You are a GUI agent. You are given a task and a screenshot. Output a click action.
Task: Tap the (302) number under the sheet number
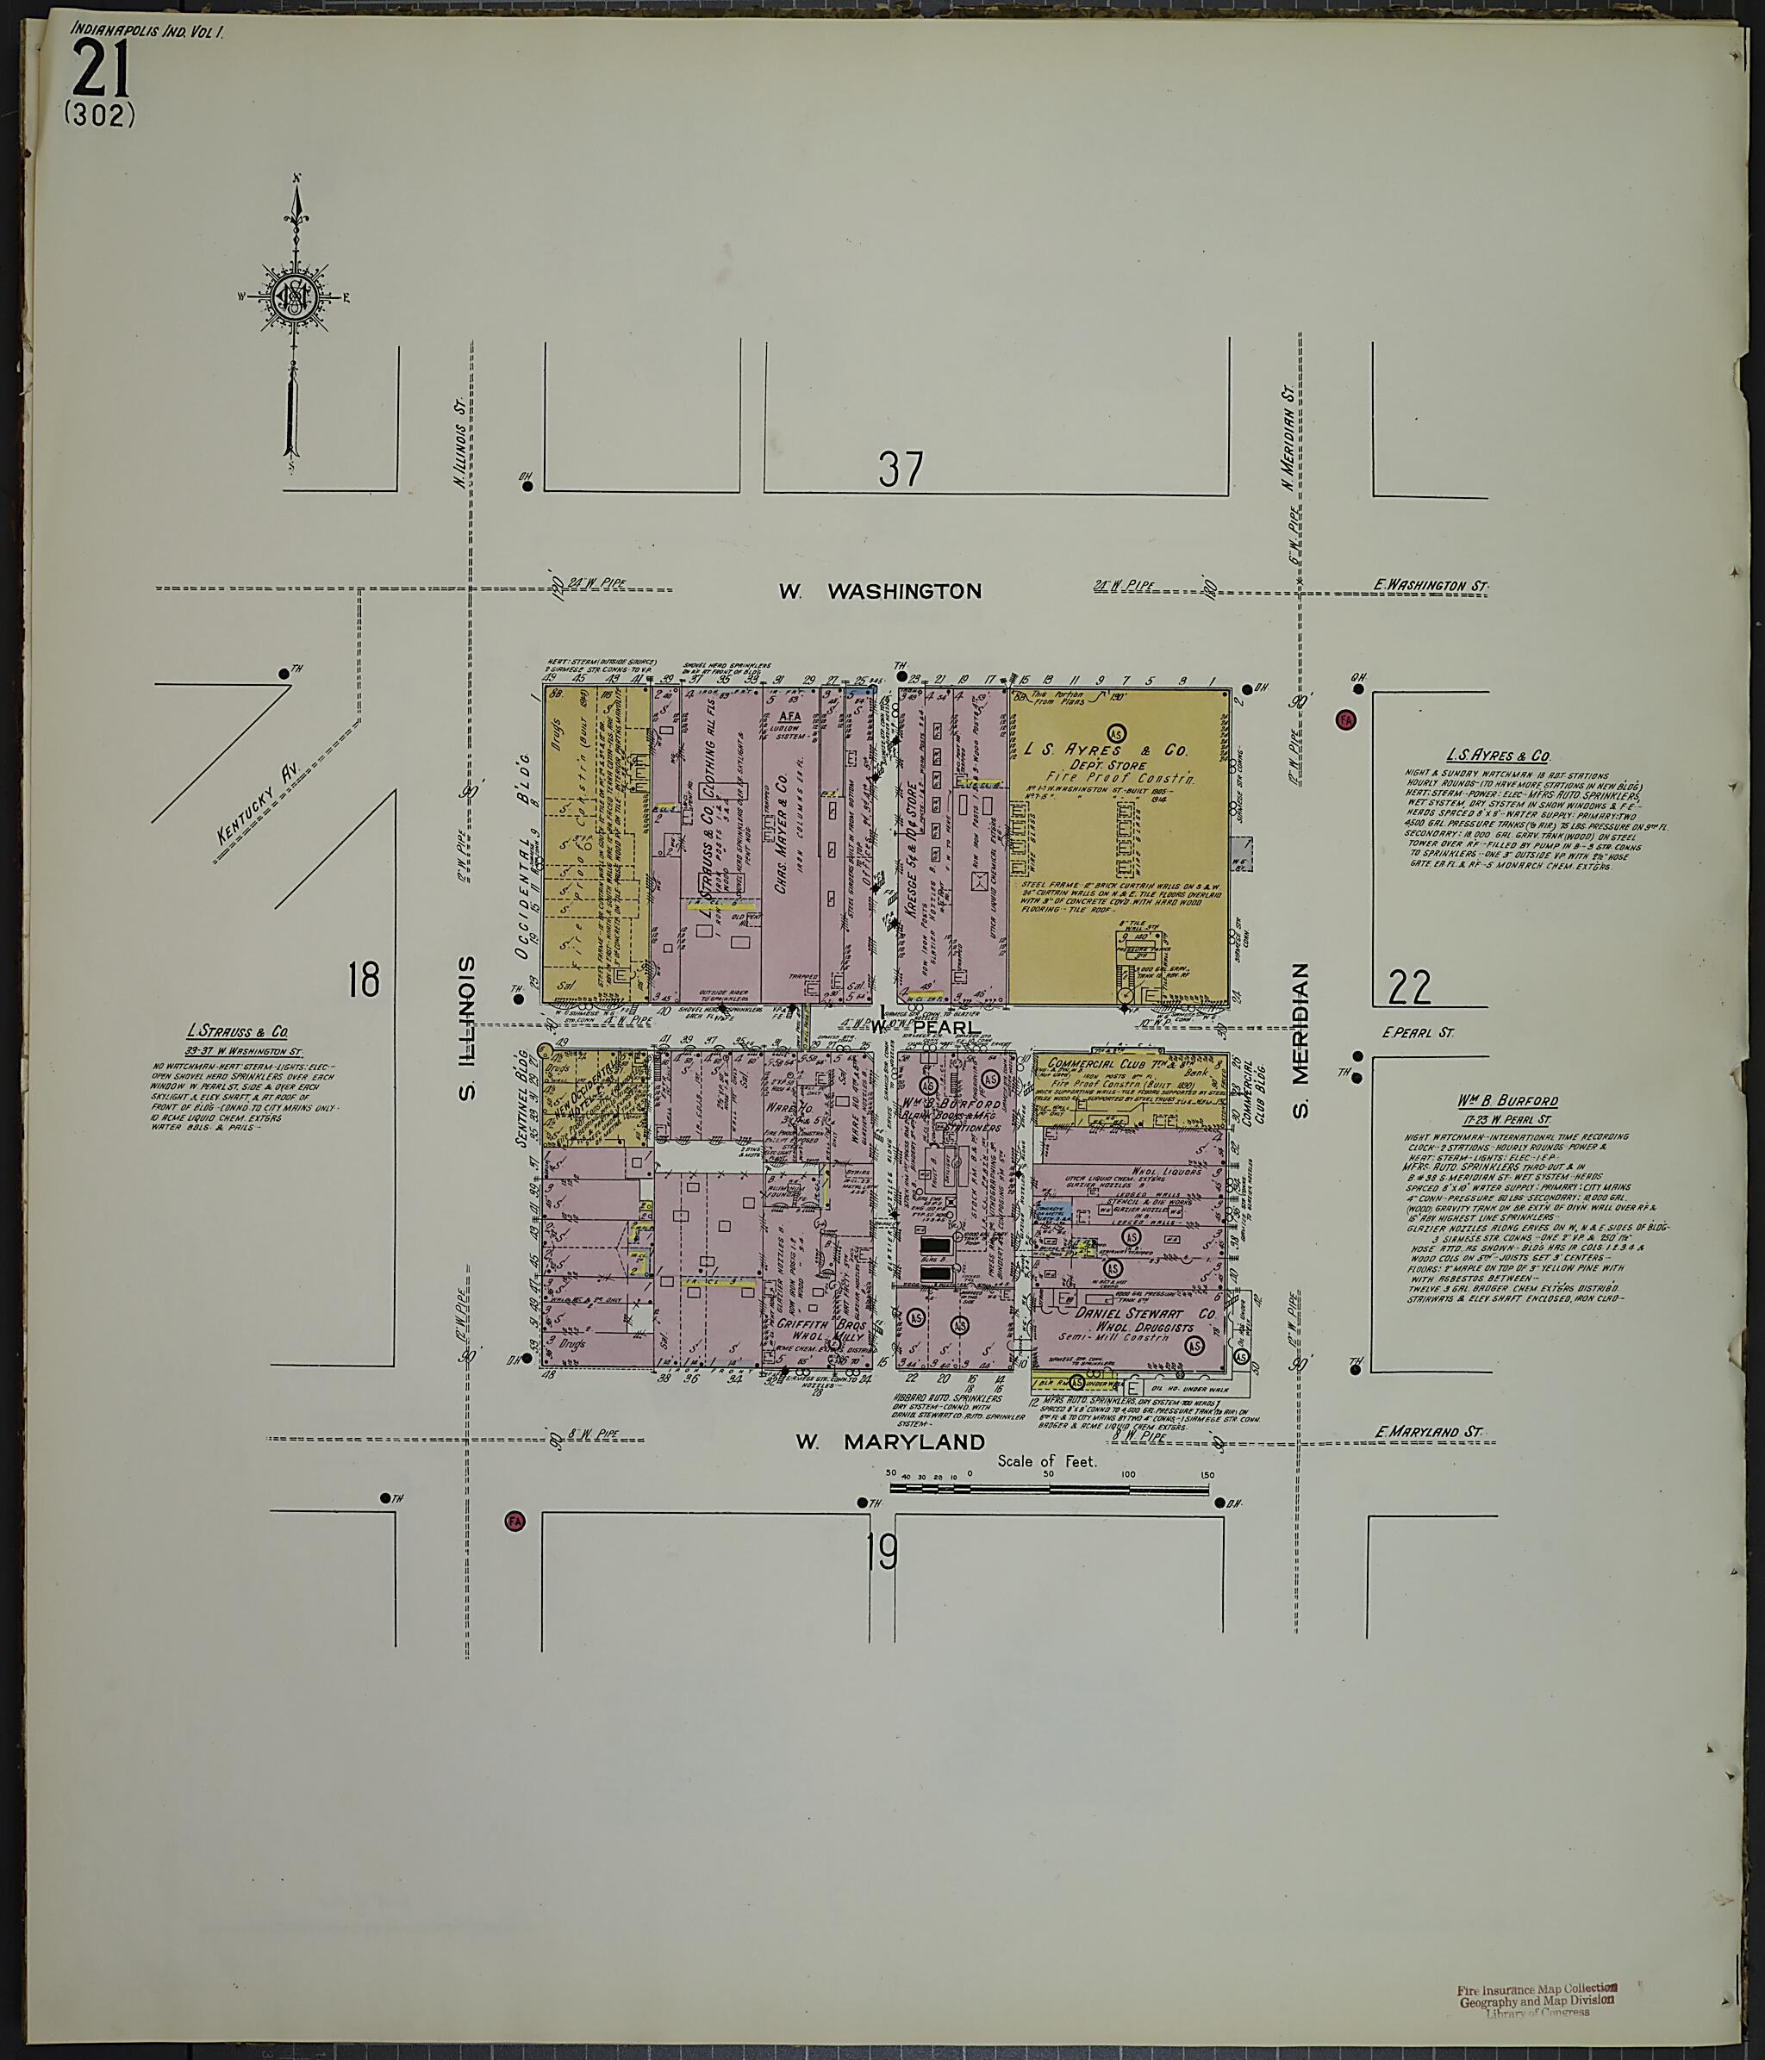99,117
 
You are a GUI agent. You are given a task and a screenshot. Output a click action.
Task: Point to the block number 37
901,470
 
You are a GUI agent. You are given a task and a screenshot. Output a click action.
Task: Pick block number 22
1410,987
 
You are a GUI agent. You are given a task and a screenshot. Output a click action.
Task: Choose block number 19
881,1554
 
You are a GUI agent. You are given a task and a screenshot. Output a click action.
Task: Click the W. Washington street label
879,592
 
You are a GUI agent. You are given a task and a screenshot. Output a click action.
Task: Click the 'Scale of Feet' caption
1047,1461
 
